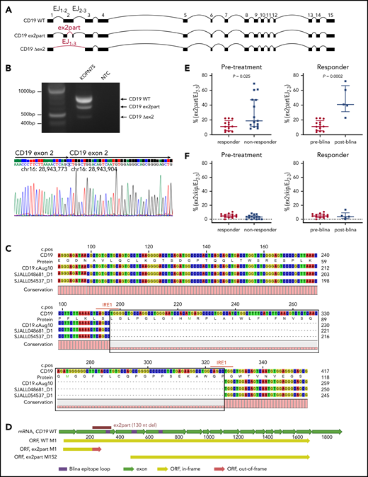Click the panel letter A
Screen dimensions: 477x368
click(5, 5)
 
